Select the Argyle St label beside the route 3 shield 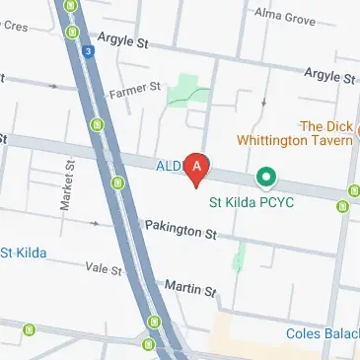tap(122, 43)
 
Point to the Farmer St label tap(135, 91)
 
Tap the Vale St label tap(102, 268)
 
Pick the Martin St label tap(189, 287)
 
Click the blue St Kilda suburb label tap(22, 252)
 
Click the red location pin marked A tap(197, 168)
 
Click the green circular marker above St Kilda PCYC tap(263, 178)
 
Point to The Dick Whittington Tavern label tap(325, 133)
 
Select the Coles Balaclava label tap(321, 333)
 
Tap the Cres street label tap(14, 27)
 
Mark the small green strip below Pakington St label tap(238, 256)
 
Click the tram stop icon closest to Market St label tap(117, 181)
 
